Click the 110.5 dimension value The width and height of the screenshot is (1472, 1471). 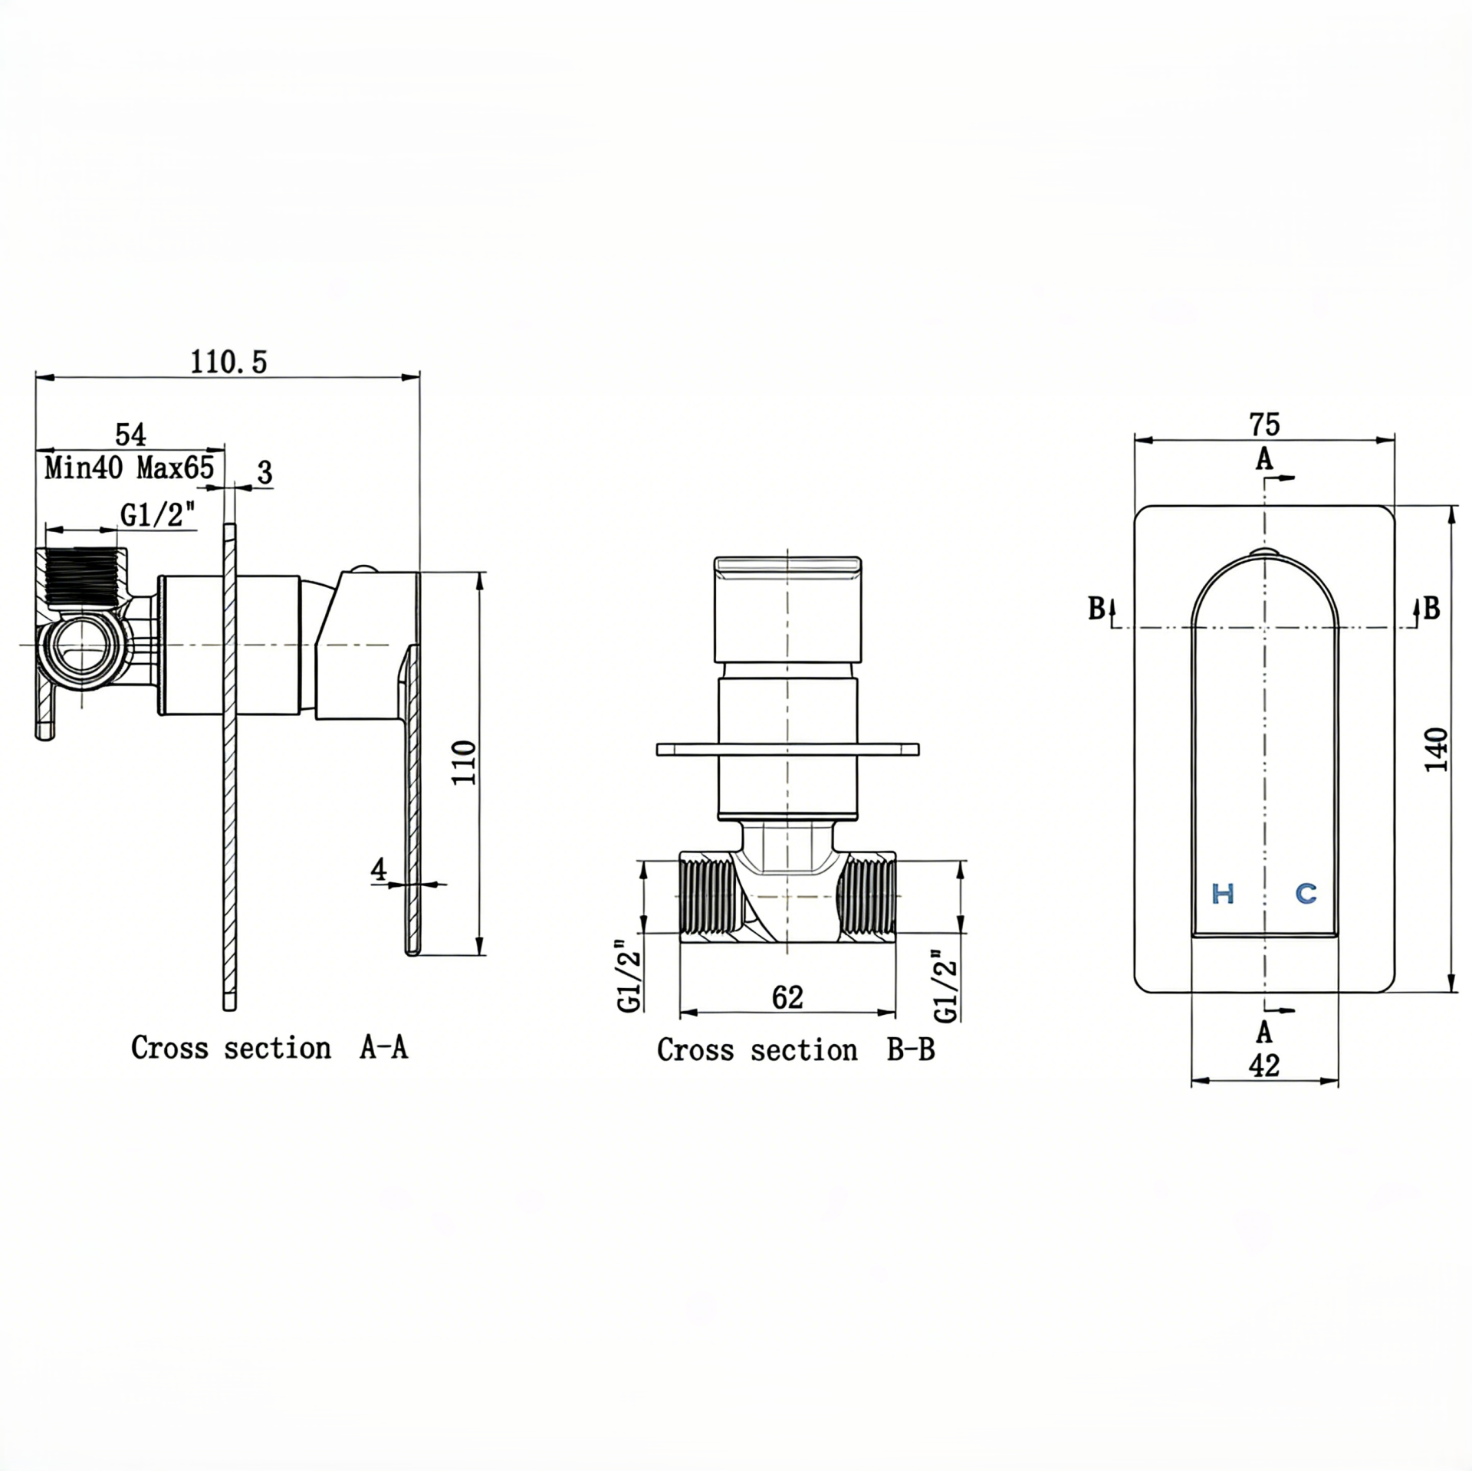(228, 362)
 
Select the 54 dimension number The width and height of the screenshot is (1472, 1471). (130, 435)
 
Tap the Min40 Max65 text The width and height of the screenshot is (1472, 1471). (129, 467)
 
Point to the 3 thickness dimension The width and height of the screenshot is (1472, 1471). (264, 473)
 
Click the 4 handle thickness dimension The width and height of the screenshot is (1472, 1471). (378, 869)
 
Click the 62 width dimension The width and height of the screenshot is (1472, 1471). (787, 997)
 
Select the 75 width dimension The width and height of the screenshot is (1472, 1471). (1264, 424)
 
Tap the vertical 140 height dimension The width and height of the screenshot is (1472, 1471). (1435, 750)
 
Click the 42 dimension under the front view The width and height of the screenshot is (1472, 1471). (1264, 1065)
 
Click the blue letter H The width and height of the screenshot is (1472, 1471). (1223, 893)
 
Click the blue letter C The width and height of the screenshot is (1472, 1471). (1306, 893)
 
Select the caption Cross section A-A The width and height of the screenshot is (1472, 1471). (269, 1048)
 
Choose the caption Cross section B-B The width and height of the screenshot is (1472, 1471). (796, 1050)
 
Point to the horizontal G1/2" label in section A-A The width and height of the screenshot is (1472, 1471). (158, 514)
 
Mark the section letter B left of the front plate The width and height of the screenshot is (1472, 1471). (1097, 609)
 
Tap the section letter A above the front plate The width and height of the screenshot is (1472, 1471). (1264, 460)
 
